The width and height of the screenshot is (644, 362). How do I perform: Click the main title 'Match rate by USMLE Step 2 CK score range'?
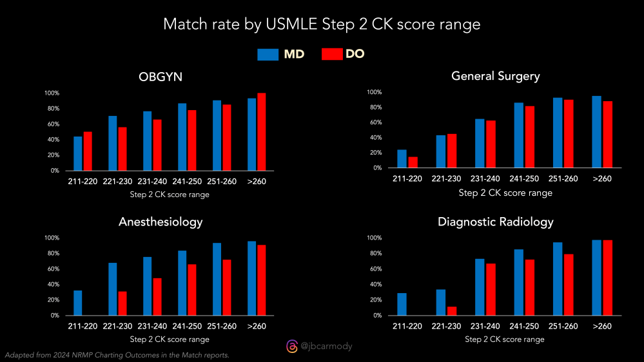tap(322, 24)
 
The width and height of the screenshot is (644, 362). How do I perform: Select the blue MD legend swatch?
tap(267, 54)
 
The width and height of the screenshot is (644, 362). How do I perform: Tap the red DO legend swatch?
tap(331, 54)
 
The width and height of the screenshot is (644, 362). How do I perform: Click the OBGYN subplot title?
tap(160, 77)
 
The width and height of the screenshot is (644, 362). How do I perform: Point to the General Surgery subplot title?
tap(496, 76)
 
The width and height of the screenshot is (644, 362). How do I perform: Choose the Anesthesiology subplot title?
tap(161, 222)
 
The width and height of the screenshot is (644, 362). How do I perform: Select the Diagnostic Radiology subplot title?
tap(495, 222)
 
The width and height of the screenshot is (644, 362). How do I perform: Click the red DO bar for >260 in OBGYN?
tap(261, 132)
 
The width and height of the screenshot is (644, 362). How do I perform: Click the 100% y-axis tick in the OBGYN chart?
tap(52, 93)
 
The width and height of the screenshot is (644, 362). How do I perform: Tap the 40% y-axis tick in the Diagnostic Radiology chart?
tap(374, 284)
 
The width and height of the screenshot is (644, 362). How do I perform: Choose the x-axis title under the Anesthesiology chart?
tap(170, 339)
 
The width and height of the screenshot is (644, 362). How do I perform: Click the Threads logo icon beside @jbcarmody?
tap(291, 347)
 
